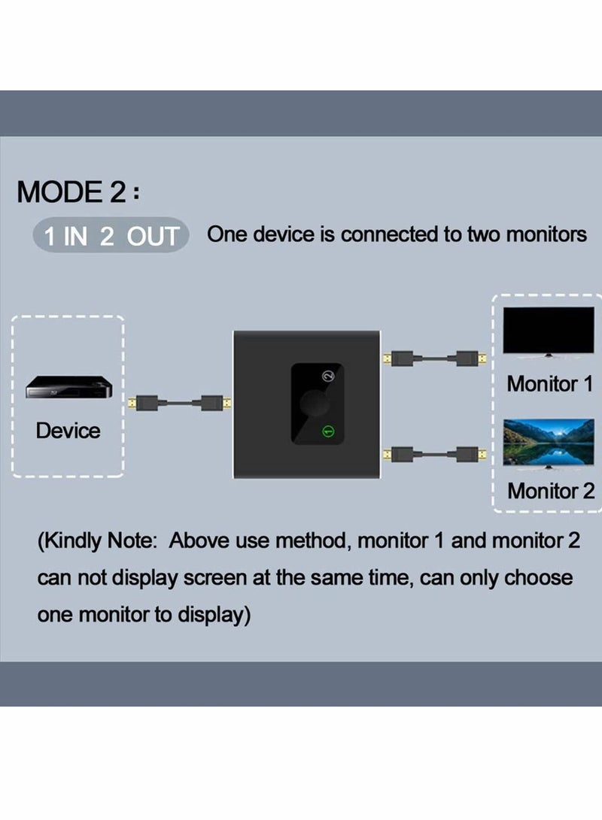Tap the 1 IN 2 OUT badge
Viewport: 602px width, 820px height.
click(x=111, y=236)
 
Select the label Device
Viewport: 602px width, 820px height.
click(x=68, y=431)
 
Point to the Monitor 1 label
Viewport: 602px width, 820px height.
click(x=550, y=383)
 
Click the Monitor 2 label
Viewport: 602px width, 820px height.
click(x=550, y=491)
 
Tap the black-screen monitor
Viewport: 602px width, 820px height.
click(x=549, y=331)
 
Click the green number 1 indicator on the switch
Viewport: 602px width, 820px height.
click(x=327, y=431)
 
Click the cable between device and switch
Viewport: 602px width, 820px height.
click(x=178, y=404)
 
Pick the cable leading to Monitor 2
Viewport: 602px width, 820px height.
click(x=433, y=454)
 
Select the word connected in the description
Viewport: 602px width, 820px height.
click(x=388, y=235)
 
